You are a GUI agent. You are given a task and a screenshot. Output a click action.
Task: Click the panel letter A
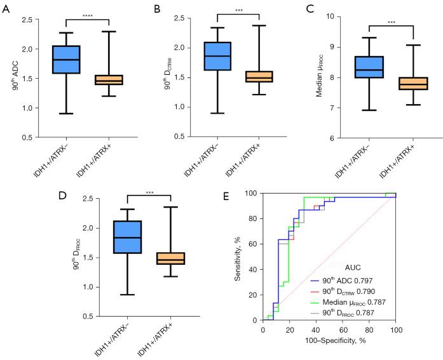coord(5,8)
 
